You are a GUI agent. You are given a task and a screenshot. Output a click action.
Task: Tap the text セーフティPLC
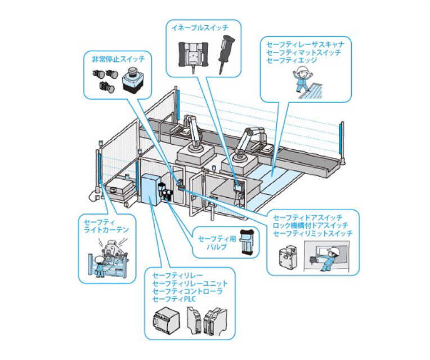172,299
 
